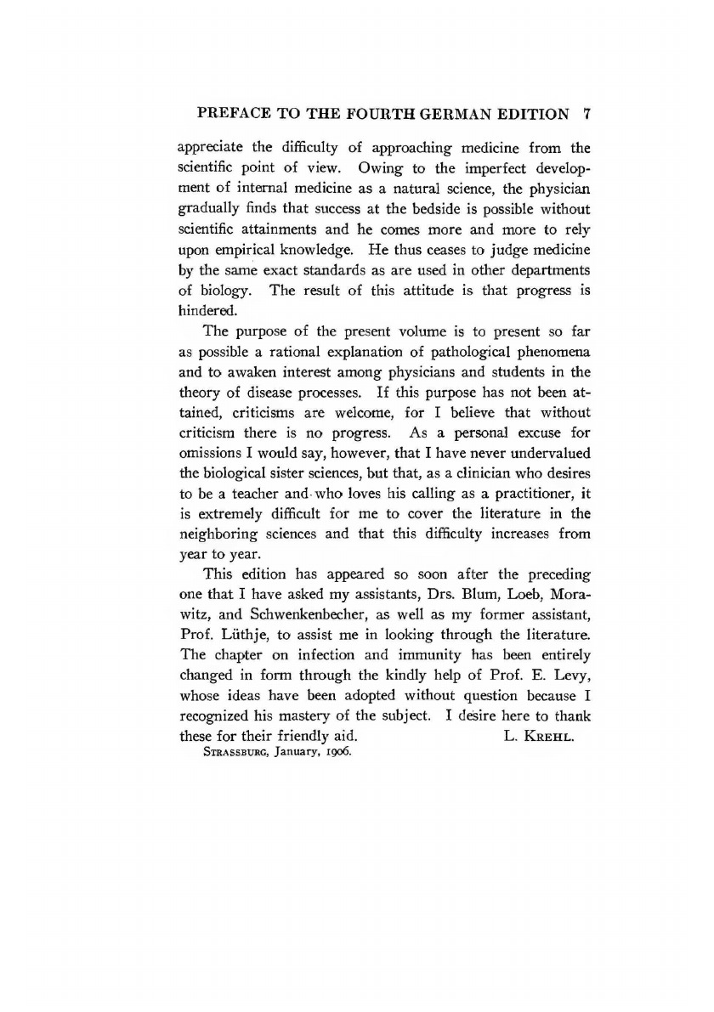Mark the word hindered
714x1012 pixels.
pos(207,311)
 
